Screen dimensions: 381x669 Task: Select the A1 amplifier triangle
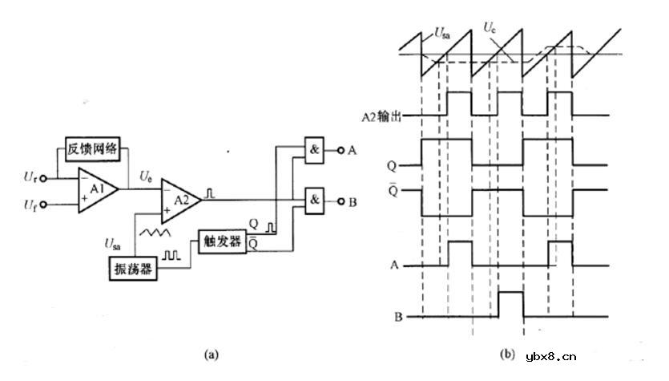(x=96, y=190)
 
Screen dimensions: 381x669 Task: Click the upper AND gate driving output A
(x=314, y=150)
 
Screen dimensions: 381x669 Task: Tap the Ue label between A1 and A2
(x=145, y=175)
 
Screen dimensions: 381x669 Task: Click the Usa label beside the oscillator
(x=114, y=241)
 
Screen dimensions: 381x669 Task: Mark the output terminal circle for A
(x=339, y=150)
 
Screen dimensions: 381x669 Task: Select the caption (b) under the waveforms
(x=507, y=352)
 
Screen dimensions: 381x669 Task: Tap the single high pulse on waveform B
(x=510, y=305)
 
